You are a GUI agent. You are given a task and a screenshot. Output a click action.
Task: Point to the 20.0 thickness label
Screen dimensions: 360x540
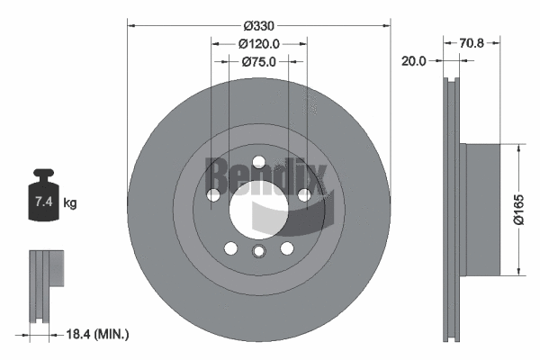[x=415, y=61]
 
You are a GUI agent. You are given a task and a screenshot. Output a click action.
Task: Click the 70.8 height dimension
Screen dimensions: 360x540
[x=472, y=41]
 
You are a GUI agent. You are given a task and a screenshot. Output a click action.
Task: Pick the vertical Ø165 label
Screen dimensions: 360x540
[x=519, y=211]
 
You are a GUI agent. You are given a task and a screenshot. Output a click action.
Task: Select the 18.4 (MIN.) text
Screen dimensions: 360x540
[x=99, y=334]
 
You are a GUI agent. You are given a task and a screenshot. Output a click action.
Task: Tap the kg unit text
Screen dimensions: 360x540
[x=70, y=203]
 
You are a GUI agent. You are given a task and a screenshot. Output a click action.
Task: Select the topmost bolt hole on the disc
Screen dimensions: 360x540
[x=259, y=162]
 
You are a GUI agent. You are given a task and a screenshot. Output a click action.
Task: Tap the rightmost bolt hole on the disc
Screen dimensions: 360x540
[x=304, y=194]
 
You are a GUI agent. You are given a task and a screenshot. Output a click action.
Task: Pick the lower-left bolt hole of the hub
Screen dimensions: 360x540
[x=231, y=248]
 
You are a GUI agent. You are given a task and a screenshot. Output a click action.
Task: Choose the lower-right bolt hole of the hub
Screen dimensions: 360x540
[x=287, y=248]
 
